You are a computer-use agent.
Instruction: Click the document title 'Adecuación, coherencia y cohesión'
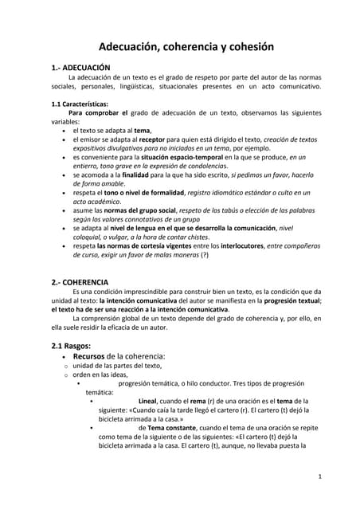[180, 47]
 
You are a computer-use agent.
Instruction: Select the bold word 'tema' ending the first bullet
[142, 130]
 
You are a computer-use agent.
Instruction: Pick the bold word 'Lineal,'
[157, 400]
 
